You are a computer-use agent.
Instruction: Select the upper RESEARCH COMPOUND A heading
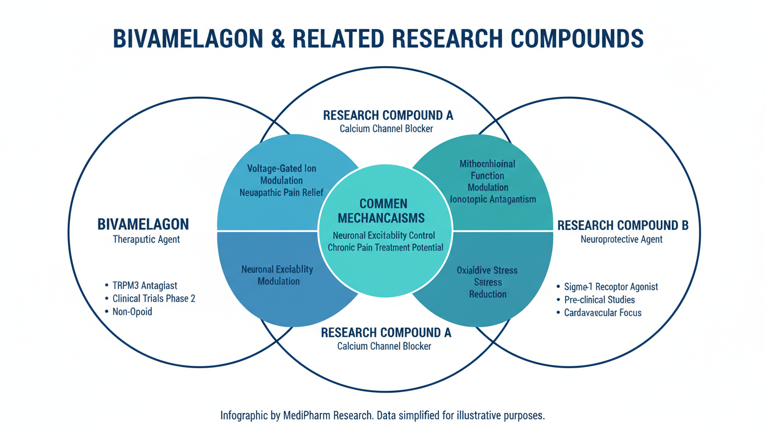(x=388, y=116)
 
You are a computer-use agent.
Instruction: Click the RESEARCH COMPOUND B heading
(x=623, y=225)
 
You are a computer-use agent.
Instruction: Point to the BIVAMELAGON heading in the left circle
(x=143, y=224)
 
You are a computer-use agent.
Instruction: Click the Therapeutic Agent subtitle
(x=146, y=240)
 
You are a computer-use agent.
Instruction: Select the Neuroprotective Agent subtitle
(x=622, y=240)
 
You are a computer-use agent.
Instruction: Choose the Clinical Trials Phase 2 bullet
(x=154, y=299)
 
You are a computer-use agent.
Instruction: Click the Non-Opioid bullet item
(x=132, y=312)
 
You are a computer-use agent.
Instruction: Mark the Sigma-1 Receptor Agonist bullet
(x=611, y=287)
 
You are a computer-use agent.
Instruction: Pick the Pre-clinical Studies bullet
(x=599, y=300)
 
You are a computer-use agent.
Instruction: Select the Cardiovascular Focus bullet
(x=603, y=313)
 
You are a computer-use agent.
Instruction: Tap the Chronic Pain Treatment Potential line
(x=385, y=248)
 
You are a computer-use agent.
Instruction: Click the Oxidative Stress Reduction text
(x=487, y=282)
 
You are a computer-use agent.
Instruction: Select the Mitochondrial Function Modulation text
(x=487, y=175)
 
